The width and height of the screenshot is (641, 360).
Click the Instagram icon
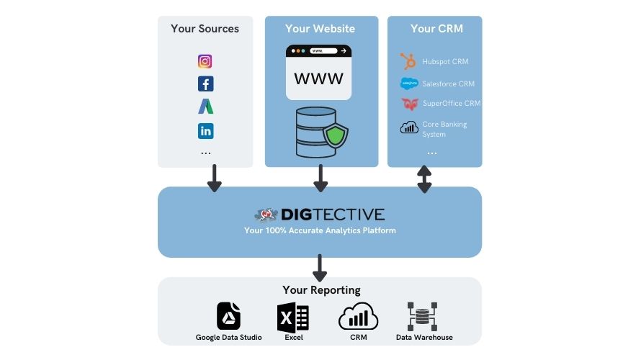coord(205,61)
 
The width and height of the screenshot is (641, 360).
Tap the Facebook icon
coord(206,84)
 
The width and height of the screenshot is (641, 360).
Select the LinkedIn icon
coord(206,131)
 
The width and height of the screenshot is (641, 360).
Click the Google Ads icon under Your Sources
coord(206,107)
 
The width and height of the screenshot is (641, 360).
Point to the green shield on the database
coord(335,135)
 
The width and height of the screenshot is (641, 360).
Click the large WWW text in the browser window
coord(318,78)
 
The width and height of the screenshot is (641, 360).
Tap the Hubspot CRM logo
coord(408,61)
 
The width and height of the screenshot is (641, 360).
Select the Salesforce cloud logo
coord(409,84)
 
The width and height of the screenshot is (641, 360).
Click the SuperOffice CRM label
coord(452,104)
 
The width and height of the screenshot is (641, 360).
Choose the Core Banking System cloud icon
coord(409,127)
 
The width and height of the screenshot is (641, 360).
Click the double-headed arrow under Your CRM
coord(424,179)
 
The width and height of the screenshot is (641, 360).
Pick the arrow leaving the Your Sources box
coord(214,178)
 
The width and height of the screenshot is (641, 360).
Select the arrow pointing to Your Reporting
coord(319,268)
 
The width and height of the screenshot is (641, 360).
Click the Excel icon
coord(292,317)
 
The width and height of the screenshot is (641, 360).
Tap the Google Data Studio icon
coord(228,316)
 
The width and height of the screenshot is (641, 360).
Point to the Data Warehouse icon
coord(422,317)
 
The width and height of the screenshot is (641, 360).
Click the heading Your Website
coord(320,29)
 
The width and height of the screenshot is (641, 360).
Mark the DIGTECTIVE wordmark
coord(333,215)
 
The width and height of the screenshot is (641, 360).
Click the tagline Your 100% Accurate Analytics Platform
coord(320,230)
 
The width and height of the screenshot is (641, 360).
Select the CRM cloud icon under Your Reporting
coord(358,316)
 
